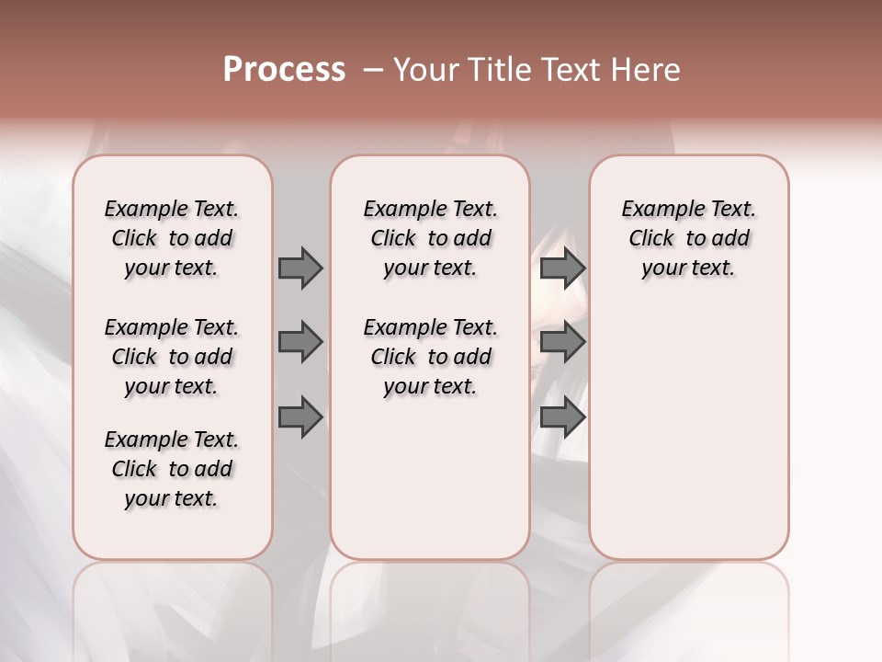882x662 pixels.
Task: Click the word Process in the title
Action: tap(284, 70)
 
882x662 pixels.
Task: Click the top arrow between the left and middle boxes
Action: tap(300, 268)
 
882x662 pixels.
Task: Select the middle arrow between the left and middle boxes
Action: tap(300, 342)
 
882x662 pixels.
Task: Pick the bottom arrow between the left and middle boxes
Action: tap(300, 417)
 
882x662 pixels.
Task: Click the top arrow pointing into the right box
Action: tap(562, 268)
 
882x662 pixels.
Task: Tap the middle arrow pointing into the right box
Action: tap(562, 342)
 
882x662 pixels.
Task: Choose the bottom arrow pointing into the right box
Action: tap(562, 417)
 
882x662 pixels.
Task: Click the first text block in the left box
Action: tap(172, 238)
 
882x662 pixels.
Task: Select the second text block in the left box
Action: tap(172, 357)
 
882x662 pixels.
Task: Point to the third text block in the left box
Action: tap(172, 469)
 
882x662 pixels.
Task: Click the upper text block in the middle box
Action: tap(430, 238)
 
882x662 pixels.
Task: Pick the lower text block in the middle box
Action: tap(430, 357)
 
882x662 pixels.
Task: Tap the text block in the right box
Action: tap(688, 238)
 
